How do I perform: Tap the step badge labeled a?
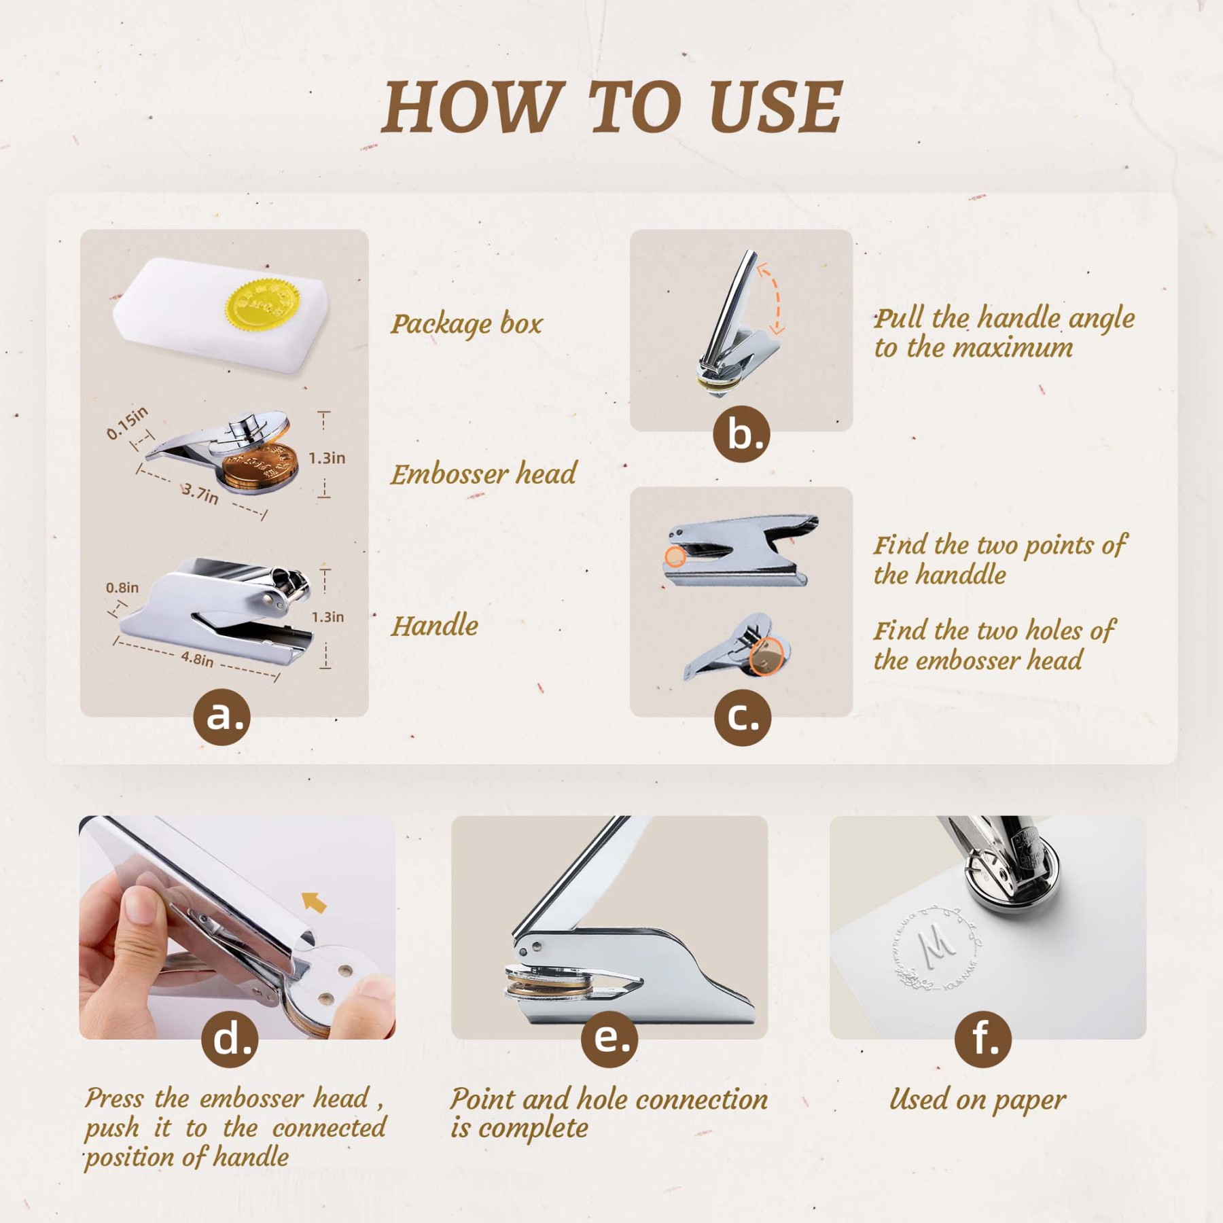coord(222,717)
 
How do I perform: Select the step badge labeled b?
coord(741,434)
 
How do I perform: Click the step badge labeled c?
coord(742,717)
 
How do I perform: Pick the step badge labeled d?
coord(230,1039)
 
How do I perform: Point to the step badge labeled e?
coord(609,1039)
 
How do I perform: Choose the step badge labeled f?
coord(982,1039)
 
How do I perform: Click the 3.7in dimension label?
coord(200,494)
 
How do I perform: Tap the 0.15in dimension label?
coord(127,423)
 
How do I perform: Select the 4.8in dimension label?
coord(197,658)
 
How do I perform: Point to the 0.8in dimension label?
coord(122,588)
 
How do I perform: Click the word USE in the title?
coord(775,107)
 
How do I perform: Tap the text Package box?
coord(466,323)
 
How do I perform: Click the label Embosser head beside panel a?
coord(483,474)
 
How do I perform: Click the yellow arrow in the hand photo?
coord(314,902)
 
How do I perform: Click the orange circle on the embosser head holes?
coord(766,656)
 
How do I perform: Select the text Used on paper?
coord(978,1099)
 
